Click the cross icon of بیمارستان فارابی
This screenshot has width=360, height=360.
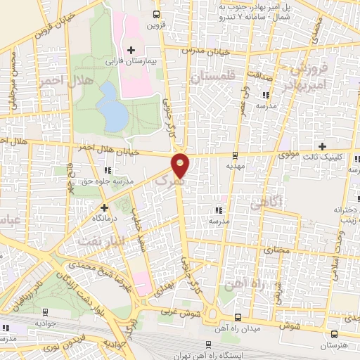(131, 49)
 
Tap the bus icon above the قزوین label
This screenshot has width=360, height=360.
(156, 13)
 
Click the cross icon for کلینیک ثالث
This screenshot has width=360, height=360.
(323, 146)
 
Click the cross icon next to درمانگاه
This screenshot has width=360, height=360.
(104, 207)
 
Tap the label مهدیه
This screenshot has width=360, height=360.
(235, 167)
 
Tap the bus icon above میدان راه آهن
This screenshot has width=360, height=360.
(238, 317)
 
